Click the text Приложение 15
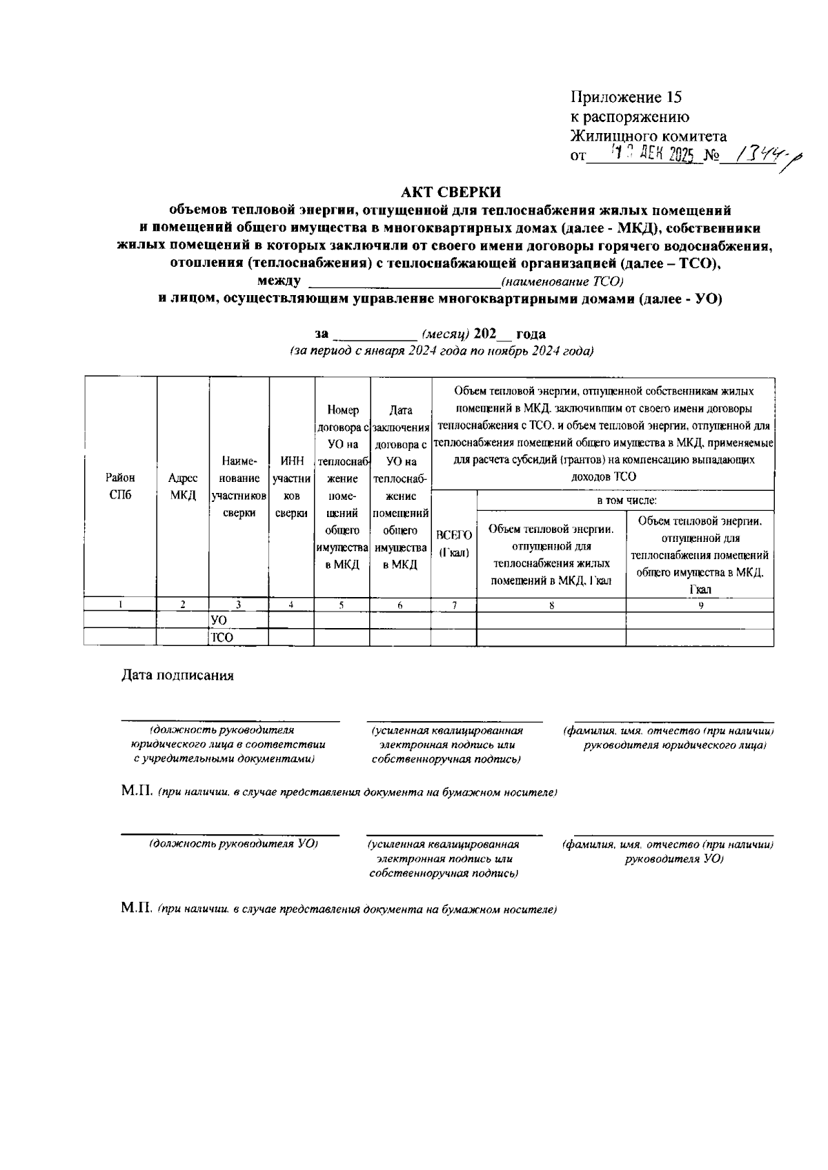pyautogui.click(x=626, y=97)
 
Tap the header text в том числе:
pyautogui.click(x=626, y=501)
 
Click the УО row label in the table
pyautogui.click(x=219, y=621)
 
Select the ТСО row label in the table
pyautogui.click(x=221, y=638)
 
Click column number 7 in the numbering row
pyautogui.click(x=454, y=605)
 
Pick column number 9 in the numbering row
pyautogui.click(x=700, y=605)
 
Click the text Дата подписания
pyautogui.click(x=178, y=675)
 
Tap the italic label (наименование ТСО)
pyautogui.click(x=562, y=281)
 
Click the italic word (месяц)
pyautogui.click(x=446, y=334)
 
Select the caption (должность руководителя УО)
pyautogui.click(x=233, y=843)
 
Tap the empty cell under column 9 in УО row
pyautogui.click(x=700, y=621)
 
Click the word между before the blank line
pyautogui.click(x=278, y=281)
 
